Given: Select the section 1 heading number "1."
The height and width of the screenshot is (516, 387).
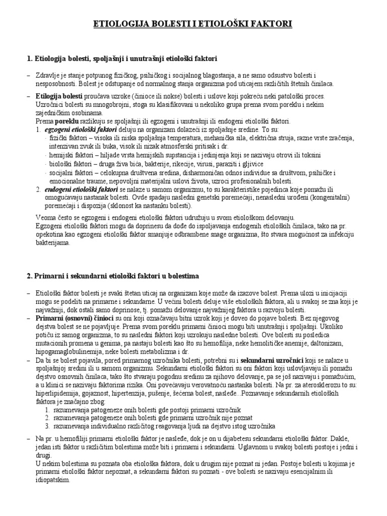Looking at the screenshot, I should tap(30, 59).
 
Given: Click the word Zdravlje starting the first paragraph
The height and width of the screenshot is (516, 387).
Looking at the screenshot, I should tap(48, 75).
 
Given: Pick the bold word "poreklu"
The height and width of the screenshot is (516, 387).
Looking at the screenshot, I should tap(67, 121).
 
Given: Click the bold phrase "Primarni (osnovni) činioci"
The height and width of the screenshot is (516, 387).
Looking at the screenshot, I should tap(75, 318).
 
